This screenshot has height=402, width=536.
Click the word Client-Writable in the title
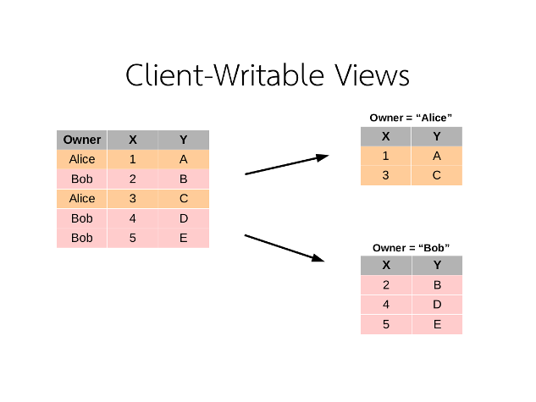[x=222, y=74]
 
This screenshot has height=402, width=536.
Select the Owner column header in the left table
[x=82, y=140]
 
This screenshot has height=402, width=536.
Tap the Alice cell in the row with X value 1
[x=82, y=159]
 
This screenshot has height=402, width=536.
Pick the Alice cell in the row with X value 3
[x=82, y=199]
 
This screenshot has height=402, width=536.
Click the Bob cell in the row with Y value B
[x=82, y=179]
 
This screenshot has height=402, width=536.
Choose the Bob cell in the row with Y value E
[x=82, y=239]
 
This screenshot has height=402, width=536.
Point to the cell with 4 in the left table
[x=132, y=218]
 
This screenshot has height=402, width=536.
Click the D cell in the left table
[x=183, y=218]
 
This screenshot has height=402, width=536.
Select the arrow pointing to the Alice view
[x=286, y=164]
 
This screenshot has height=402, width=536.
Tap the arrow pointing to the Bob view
[x=285, y=248]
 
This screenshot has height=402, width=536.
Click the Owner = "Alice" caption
[x=411, y=118]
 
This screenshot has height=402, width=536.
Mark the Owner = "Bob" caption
[x=411, y=248]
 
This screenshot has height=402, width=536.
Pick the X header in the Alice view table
[x=386, y=136]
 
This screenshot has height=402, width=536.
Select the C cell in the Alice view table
[x=437, y=175]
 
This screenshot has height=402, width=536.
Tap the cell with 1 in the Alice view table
[x=386, y=156]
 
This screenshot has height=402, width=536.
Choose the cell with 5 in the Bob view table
[x=386, y=324]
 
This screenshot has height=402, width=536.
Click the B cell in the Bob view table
[x=437, y=285]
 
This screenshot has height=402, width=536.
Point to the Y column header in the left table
[x=183, y=140]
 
